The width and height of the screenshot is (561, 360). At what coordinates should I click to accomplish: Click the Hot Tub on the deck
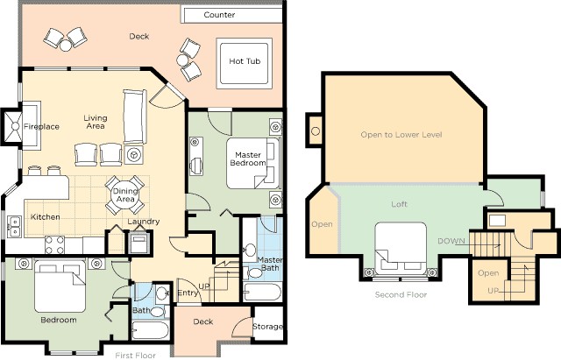[x=243, y=61]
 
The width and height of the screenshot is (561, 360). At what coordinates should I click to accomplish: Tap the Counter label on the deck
[x=219, y=16]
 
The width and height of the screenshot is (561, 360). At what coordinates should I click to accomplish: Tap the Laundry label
[x=143, y=222]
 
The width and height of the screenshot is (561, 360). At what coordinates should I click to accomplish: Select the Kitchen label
[x=46, y=216]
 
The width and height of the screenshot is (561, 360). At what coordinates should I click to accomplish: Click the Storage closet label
[x=267, y=327]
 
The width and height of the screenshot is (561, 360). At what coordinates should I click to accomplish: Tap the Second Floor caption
[x=401, y=295]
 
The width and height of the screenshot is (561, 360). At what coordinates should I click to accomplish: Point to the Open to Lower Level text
[x=401, y=135]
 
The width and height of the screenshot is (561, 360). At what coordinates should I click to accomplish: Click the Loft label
[x=399, y=204]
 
